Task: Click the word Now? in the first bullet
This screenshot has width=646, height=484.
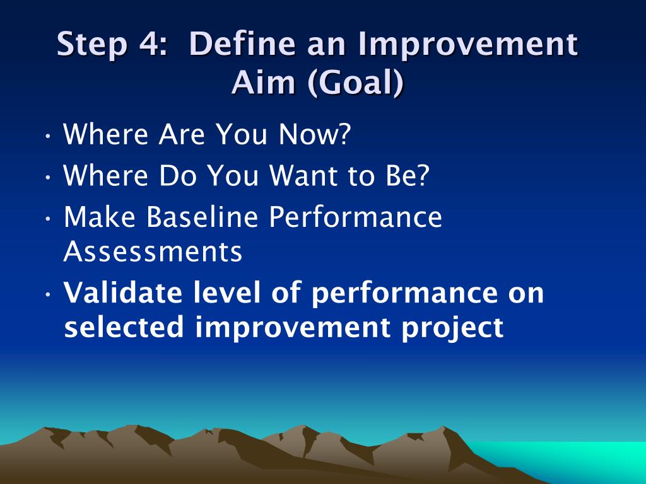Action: click(315, 134)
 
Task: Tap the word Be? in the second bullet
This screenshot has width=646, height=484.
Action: click(408, 175)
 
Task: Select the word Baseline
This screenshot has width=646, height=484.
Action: click(203, 217)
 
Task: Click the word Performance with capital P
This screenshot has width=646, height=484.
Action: click(356, 217)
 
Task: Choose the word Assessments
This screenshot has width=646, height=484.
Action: click(153, 251)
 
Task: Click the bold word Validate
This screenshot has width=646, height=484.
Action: click(123, 292)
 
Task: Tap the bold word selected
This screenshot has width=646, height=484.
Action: click(124, 327)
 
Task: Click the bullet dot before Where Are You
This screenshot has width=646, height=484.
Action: click(48, 135)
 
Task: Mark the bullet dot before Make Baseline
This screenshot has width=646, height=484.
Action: click(48, 218)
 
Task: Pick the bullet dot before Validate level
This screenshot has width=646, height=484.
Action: click(48, 294)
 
